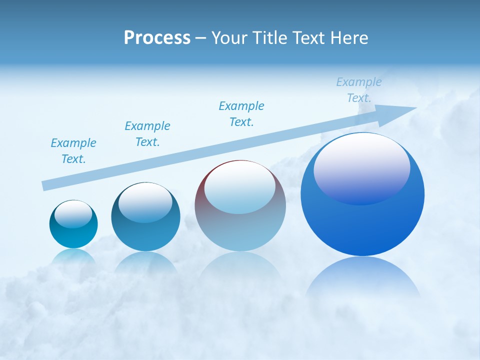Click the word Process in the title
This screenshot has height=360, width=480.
[157, 38]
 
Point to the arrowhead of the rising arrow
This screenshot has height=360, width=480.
[402, 110]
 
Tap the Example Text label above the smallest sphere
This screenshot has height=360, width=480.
[73, 151]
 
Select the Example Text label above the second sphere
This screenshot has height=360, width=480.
[147, 134]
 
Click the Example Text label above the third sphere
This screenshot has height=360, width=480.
[241, 114]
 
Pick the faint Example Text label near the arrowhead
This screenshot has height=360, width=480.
[359, 90]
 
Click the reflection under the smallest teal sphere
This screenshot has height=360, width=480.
[73, 256]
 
